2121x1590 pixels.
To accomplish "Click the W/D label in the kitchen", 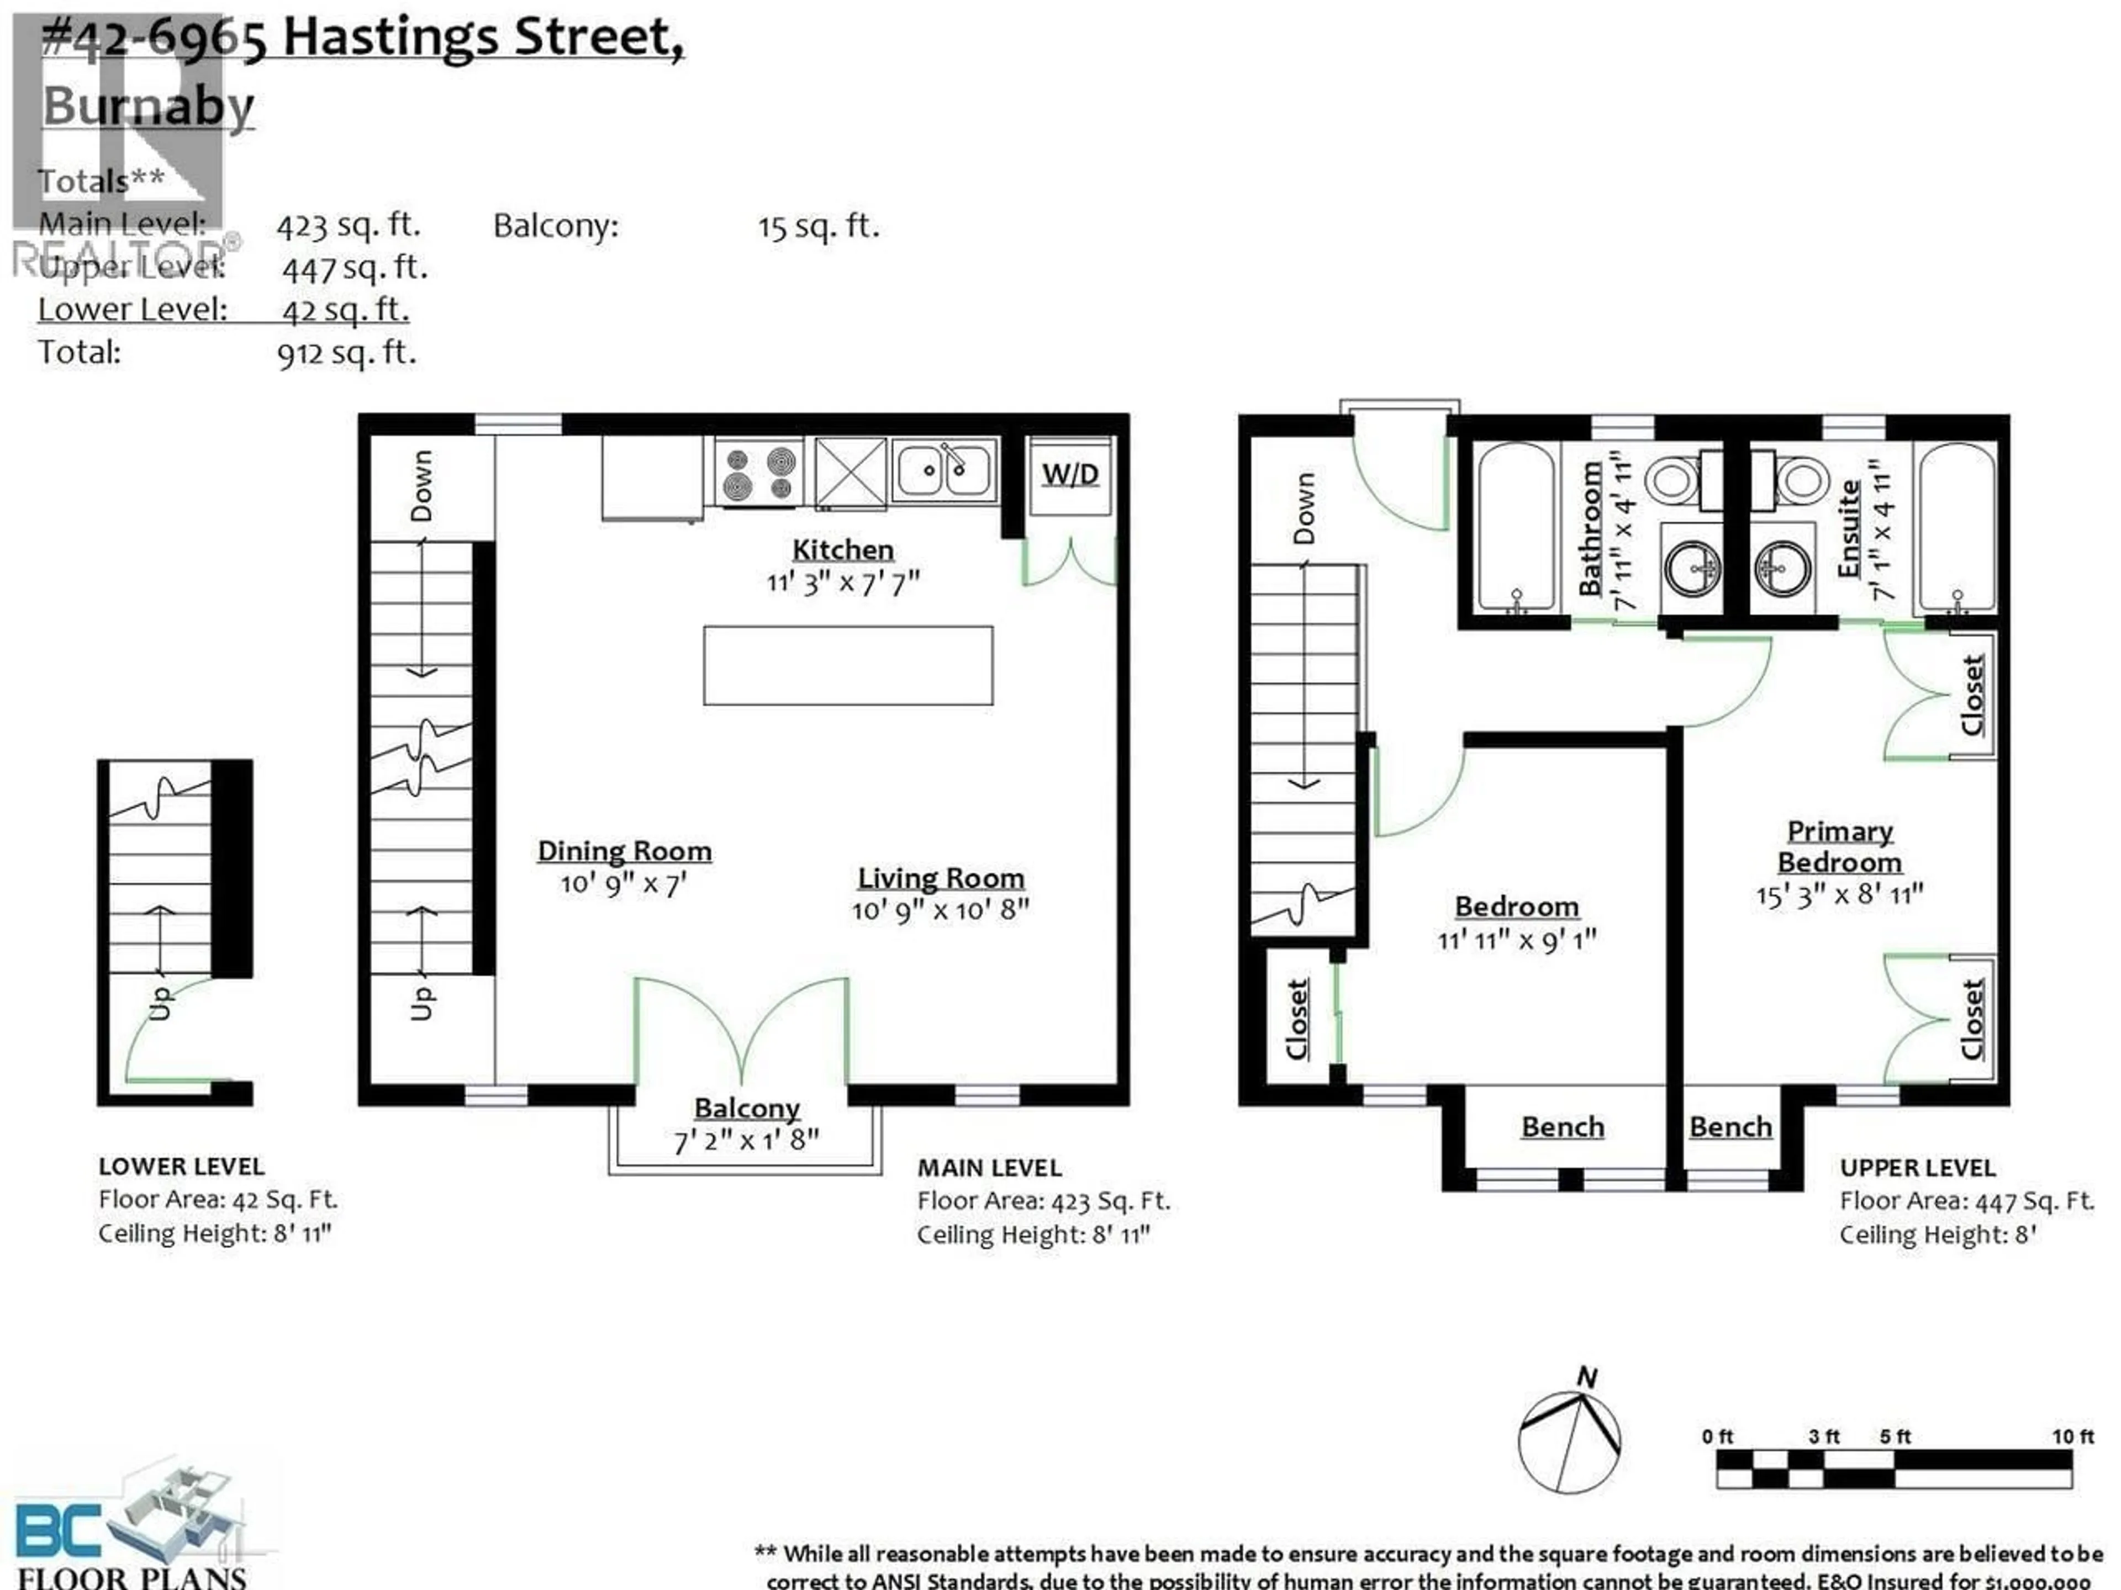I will pos(1069,474).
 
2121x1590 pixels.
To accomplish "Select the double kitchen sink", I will pos(943,470).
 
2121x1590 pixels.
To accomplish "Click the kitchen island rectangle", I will pos(848,665).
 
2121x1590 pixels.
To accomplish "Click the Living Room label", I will pos(941,878).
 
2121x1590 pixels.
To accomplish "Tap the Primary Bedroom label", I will pos(1839,846).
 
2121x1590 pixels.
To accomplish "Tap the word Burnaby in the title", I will pos(149,105).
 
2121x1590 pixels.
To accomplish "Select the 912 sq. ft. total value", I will pos(347,354).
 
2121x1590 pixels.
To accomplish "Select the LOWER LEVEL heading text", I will pos(181,1167).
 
